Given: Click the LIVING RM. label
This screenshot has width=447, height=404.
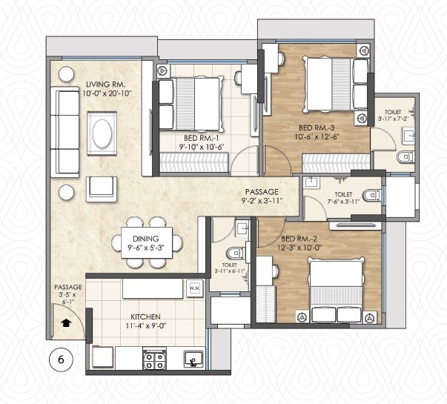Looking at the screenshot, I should pos(107,84).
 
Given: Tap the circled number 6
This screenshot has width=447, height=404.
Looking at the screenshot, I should pos(61,360).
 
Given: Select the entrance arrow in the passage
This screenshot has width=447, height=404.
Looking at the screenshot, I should pos(66,322).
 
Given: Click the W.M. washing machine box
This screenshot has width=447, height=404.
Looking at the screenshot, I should pos(195,288).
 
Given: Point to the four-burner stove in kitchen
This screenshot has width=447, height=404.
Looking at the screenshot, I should pos(153,360).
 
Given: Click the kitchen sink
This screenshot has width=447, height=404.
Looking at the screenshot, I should pos(193,361).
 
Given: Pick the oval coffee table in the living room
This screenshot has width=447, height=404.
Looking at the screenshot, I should pos(102,136).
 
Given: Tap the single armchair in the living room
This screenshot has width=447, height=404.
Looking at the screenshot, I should pos(101,188).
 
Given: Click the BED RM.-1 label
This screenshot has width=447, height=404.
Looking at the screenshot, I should pos(202,138).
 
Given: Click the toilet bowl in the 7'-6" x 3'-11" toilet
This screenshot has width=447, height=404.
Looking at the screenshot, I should pos(373,195).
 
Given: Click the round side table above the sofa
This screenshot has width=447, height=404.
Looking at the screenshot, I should pos(66,74).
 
